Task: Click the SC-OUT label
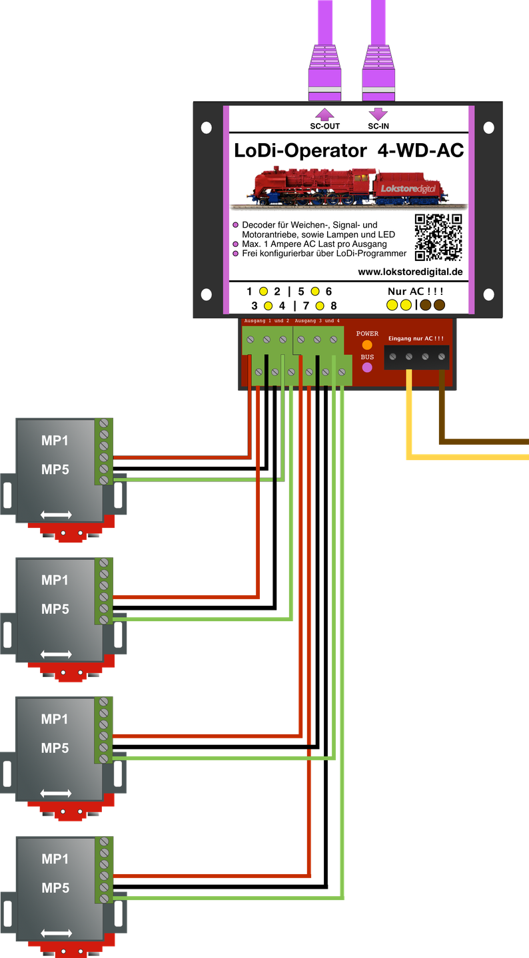(325, 126)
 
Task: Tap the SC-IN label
(378, 126)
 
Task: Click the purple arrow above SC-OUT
(324, 114)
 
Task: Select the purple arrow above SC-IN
(378, 114)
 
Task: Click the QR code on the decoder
(438, 238)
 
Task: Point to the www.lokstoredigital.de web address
(410, 272)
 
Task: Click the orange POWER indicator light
(367, 345)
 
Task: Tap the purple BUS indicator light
(367, 367)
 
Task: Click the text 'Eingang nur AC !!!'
(416, 338)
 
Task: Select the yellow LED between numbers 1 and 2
(264, 291)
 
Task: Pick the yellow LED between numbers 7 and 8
(320, 306)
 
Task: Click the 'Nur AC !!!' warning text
(415, 291)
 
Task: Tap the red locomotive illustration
(349, 187)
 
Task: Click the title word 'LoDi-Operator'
(300, 150)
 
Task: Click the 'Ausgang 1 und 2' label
(266, 321)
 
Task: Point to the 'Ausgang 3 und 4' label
(317, 321)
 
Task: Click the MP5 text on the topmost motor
(55, 469)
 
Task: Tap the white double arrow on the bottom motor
(56, 933)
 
